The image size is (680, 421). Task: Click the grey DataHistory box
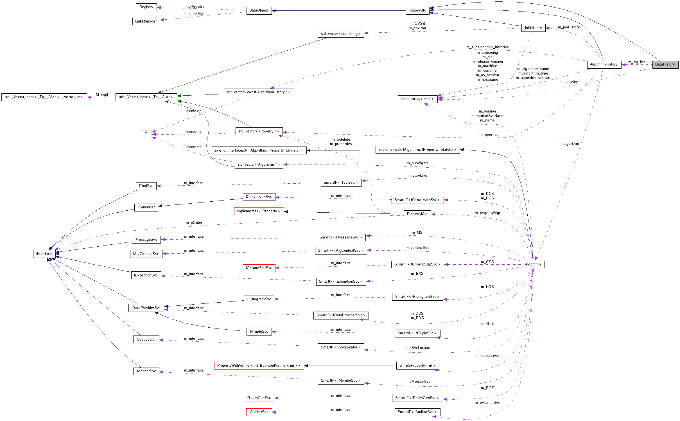tap(665, 64)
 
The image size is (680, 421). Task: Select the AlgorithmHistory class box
tap(604, 64)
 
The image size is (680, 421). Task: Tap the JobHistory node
tap(533, 28)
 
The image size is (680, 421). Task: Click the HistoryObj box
tap(417, 10)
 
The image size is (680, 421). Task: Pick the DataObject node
tap(259, 10)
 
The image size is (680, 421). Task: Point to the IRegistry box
tap(146, 7)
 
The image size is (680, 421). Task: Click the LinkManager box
tap(146, 21)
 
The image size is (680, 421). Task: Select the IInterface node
tap(44, 254)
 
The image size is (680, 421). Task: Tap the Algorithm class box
tap(533, 264)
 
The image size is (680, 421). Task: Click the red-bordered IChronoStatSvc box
tap(259, 268)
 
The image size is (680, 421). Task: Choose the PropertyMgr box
tap(417, 214)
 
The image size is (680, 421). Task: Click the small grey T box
tap(146, 134)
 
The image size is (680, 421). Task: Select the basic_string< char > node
tap(417, 99)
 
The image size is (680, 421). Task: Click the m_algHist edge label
tap(636, 62)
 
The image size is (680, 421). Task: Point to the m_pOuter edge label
tap(194, 223)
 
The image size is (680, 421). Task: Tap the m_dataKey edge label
tap(568, 82)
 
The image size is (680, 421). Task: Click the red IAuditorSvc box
tap(259, 412)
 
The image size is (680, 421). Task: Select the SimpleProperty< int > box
tap(417, 366)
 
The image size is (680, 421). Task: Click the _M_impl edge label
tap(102, 95)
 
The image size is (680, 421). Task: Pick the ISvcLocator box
tap(146, 339)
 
